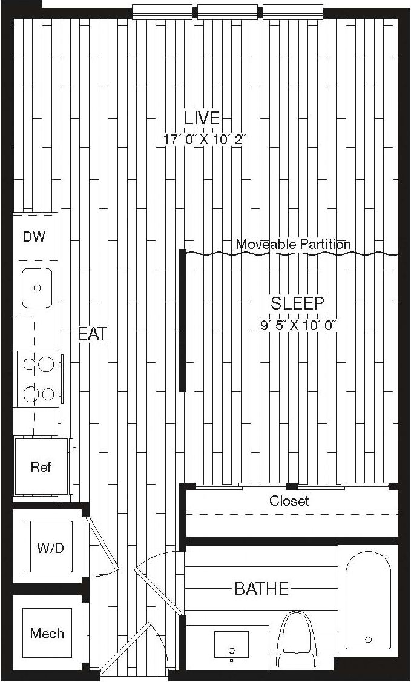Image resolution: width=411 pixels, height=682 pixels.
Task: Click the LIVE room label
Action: click(x=202, y=118)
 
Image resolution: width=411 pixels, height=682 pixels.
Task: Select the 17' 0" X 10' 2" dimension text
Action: click(x=202, y=139)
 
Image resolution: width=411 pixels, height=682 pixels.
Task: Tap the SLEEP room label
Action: click(x=297, y=303)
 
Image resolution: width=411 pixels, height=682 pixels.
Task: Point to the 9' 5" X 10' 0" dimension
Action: click(x=297, y=325)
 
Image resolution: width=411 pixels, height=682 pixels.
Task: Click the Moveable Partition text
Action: click(x=293, y=245)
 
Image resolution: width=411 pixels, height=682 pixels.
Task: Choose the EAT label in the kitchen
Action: click(x=93, y=334)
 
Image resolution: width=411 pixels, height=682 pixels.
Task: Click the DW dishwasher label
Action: click(x=34, y=237)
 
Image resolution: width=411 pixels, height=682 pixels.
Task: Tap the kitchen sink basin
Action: click(x=37, y=288)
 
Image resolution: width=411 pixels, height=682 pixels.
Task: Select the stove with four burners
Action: click(x=37, y=379)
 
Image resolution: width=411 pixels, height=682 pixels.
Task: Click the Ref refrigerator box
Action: click(x=41, y=467)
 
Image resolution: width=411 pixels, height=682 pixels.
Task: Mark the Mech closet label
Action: click(x=47, y=634)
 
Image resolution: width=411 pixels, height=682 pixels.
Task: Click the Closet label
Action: click(x=289, y=501)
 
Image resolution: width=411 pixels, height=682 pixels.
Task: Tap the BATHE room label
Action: click(x=261, y=588)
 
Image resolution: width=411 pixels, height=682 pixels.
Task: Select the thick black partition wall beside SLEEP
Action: click(x=183, y=320)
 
